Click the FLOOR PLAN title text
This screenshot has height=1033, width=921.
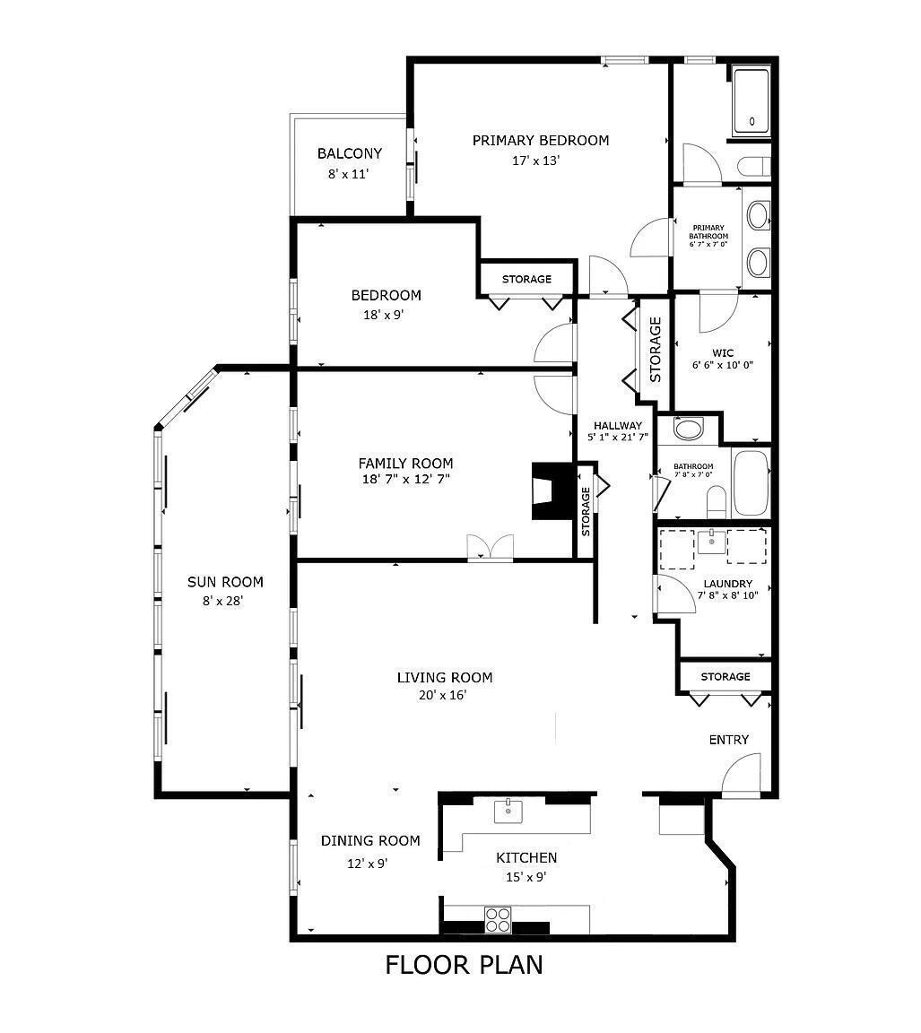click(464, 965)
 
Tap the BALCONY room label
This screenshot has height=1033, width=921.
click(349, 153)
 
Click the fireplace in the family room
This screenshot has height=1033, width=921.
click(549, 491)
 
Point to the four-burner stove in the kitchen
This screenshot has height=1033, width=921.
click(498, 919)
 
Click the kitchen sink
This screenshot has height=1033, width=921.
click(508, 811)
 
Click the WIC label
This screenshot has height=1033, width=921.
click(723, 352)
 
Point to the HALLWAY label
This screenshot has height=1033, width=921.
click(617, 426)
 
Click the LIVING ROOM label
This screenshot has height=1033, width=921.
click(445, 677)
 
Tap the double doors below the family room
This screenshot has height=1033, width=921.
click(491, 548)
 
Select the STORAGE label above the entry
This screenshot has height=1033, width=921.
click(725, 676)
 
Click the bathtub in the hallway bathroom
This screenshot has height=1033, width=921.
click(751, 483)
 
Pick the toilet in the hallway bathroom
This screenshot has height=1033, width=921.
click(716, 500)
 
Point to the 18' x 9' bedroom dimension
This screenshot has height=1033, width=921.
click(385, 315)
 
